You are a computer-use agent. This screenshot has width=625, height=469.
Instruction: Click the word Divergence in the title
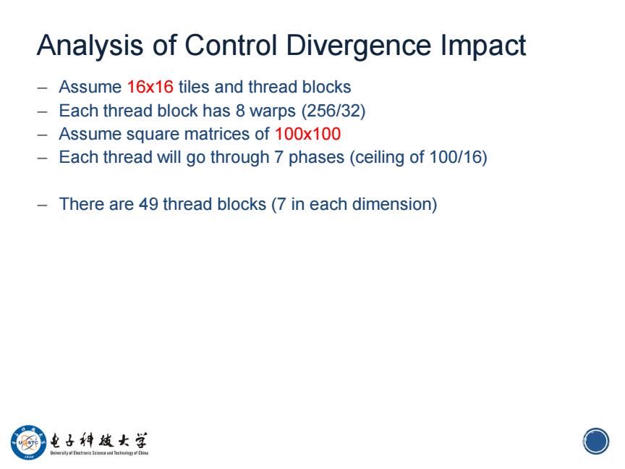(x=358, y=46)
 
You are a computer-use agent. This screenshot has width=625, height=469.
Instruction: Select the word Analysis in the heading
(x=90, y=46)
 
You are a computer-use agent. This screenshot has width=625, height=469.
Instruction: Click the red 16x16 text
(x=150, y=87)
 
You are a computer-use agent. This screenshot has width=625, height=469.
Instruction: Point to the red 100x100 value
(x=307, y=134)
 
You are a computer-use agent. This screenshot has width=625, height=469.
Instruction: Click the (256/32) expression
(x=333, y=111)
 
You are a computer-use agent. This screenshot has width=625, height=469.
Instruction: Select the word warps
(x=273, y=111)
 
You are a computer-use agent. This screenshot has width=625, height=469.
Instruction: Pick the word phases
(x=316, y=158)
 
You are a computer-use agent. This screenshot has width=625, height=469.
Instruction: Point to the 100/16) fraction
(x=459, y=157)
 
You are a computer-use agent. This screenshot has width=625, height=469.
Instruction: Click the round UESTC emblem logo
(x=29, y=442)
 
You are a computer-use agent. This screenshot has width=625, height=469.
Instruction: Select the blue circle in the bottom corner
(x=596, y=441)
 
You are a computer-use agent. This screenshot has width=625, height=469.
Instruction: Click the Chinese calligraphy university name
(x=99, y=441)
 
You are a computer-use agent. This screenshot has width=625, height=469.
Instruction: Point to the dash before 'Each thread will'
(x=42, y=158)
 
